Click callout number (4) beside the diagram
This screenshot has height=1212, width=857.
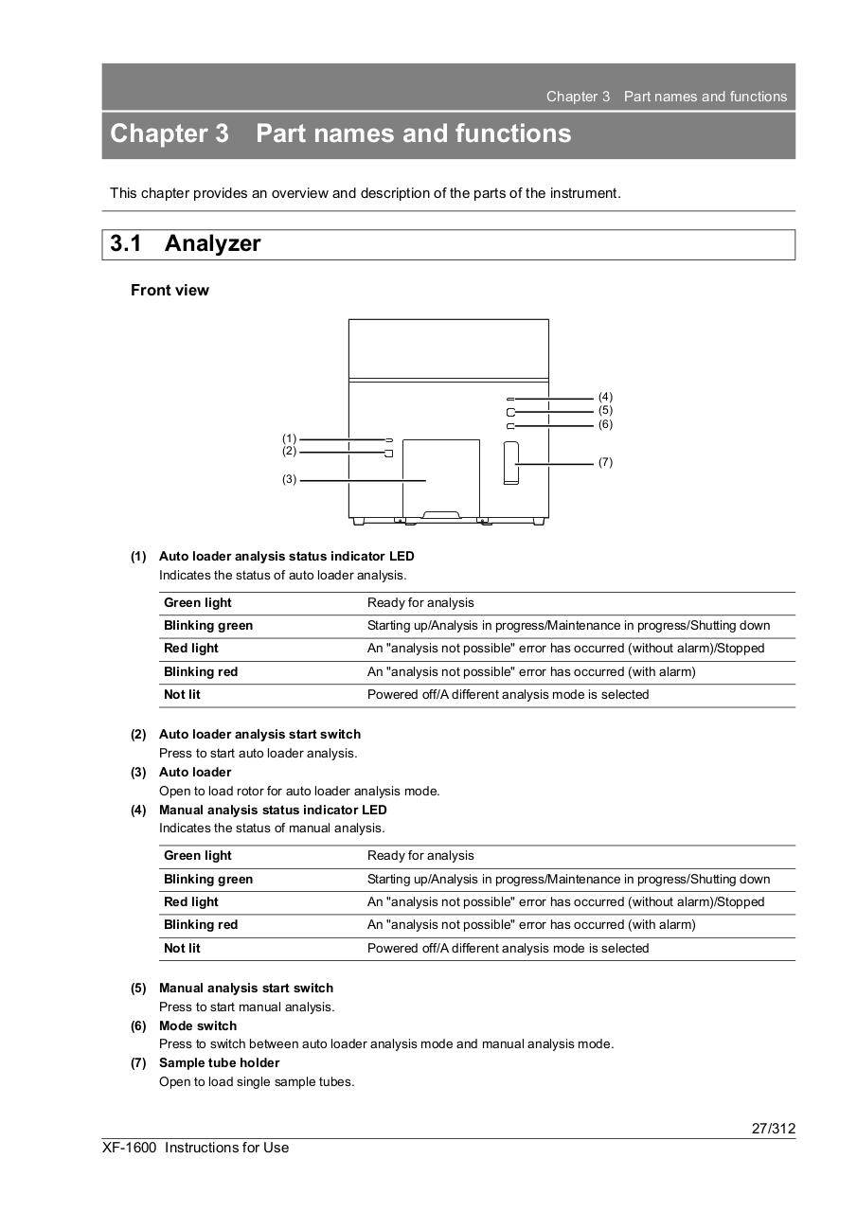point(605,397)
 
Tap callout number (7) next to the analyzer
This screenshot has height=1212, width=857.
point(605,462)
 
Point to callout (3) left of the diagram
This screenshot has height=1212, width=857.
point(289,479)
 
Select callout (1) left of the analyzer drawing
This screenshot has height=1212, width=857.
point(289,438)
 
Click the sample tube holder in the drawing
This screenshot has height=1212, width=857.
point(511,463)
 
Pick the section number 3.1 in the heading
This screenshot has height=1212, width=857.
point(126,243)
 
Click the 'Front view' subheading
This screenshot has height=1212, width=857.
point(170,291)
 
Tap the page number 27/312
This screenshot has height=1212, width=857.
point(774,1128)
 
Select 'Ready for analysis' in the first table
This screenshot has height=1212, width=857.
point(420,603)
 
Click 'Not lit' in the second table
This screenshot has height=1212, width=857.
point(182,948)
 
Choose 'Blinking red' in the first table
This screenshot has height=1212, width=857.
point(201,671)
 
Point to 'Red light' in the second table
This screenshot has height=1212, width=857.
point(191,901)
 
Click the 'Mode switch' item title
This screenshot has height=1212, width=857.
point(198,1025)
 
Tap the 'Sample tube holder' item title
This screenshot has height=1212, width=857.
point(219,1062)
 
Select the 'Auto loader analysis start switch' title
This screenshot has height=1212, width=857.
point(259,734)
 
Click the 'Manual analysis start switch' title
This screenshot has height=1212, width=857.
point(246,988)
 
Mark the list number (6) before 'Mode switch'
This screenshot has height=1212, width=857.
point(138,1025)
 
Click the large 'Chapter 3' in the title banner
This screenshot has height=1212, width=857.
point(170,134)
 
